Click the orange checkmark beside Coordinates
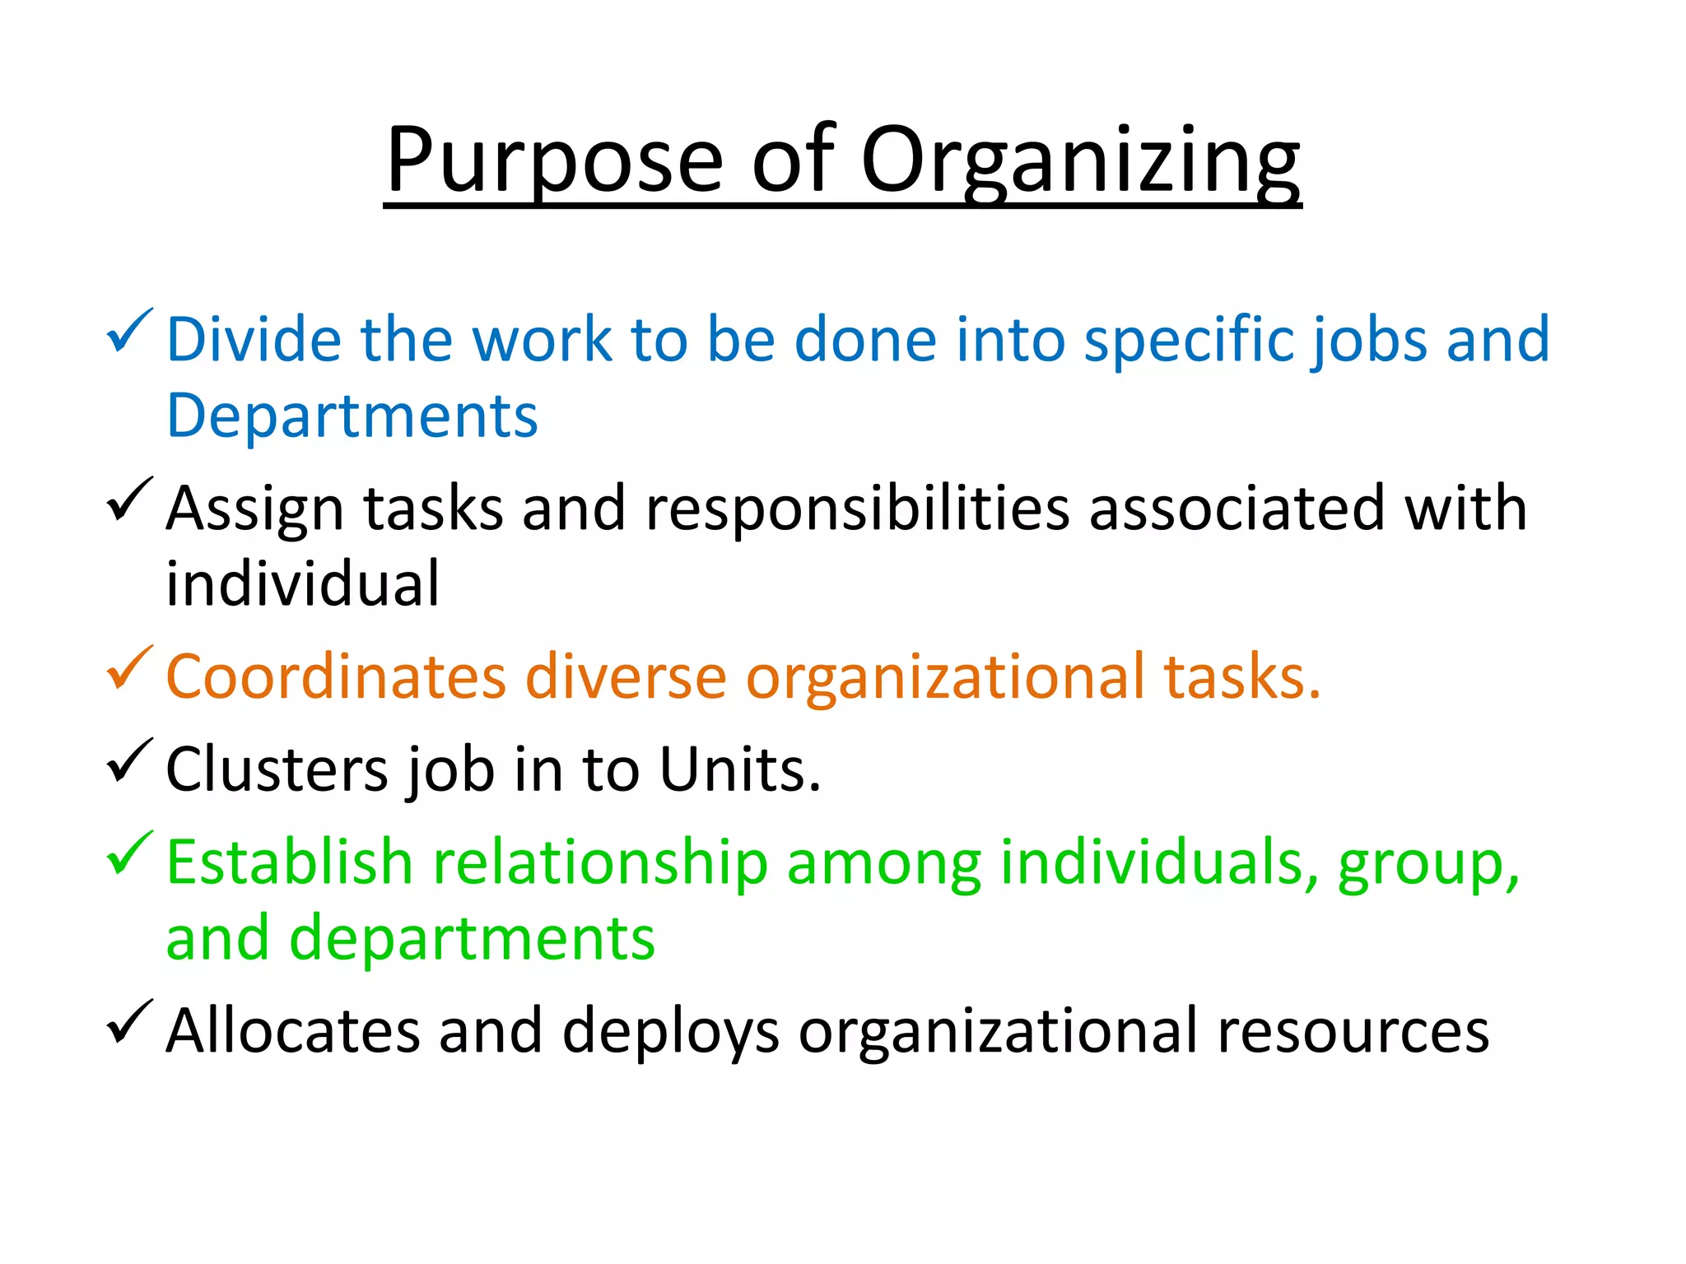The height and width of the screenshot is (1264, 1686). [128, 668]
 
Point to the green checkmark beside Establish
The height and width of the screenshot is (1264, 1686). [128, 853]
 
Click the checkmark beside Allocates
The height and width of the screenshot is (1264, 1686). [128, 1022]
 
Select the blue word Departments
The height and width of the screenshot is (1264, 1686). [352, 416]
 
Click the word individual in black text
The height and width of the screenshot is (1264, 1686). [302, 583]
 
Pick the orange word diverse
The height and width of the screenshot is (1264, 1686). [626, 677]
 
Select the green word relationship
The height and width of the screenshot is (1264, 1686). [600, 863]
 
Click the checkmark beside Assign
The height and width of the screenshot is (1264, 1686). [128, 500]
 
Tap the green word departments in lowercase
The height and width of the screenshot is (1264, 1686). [473, 939]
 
